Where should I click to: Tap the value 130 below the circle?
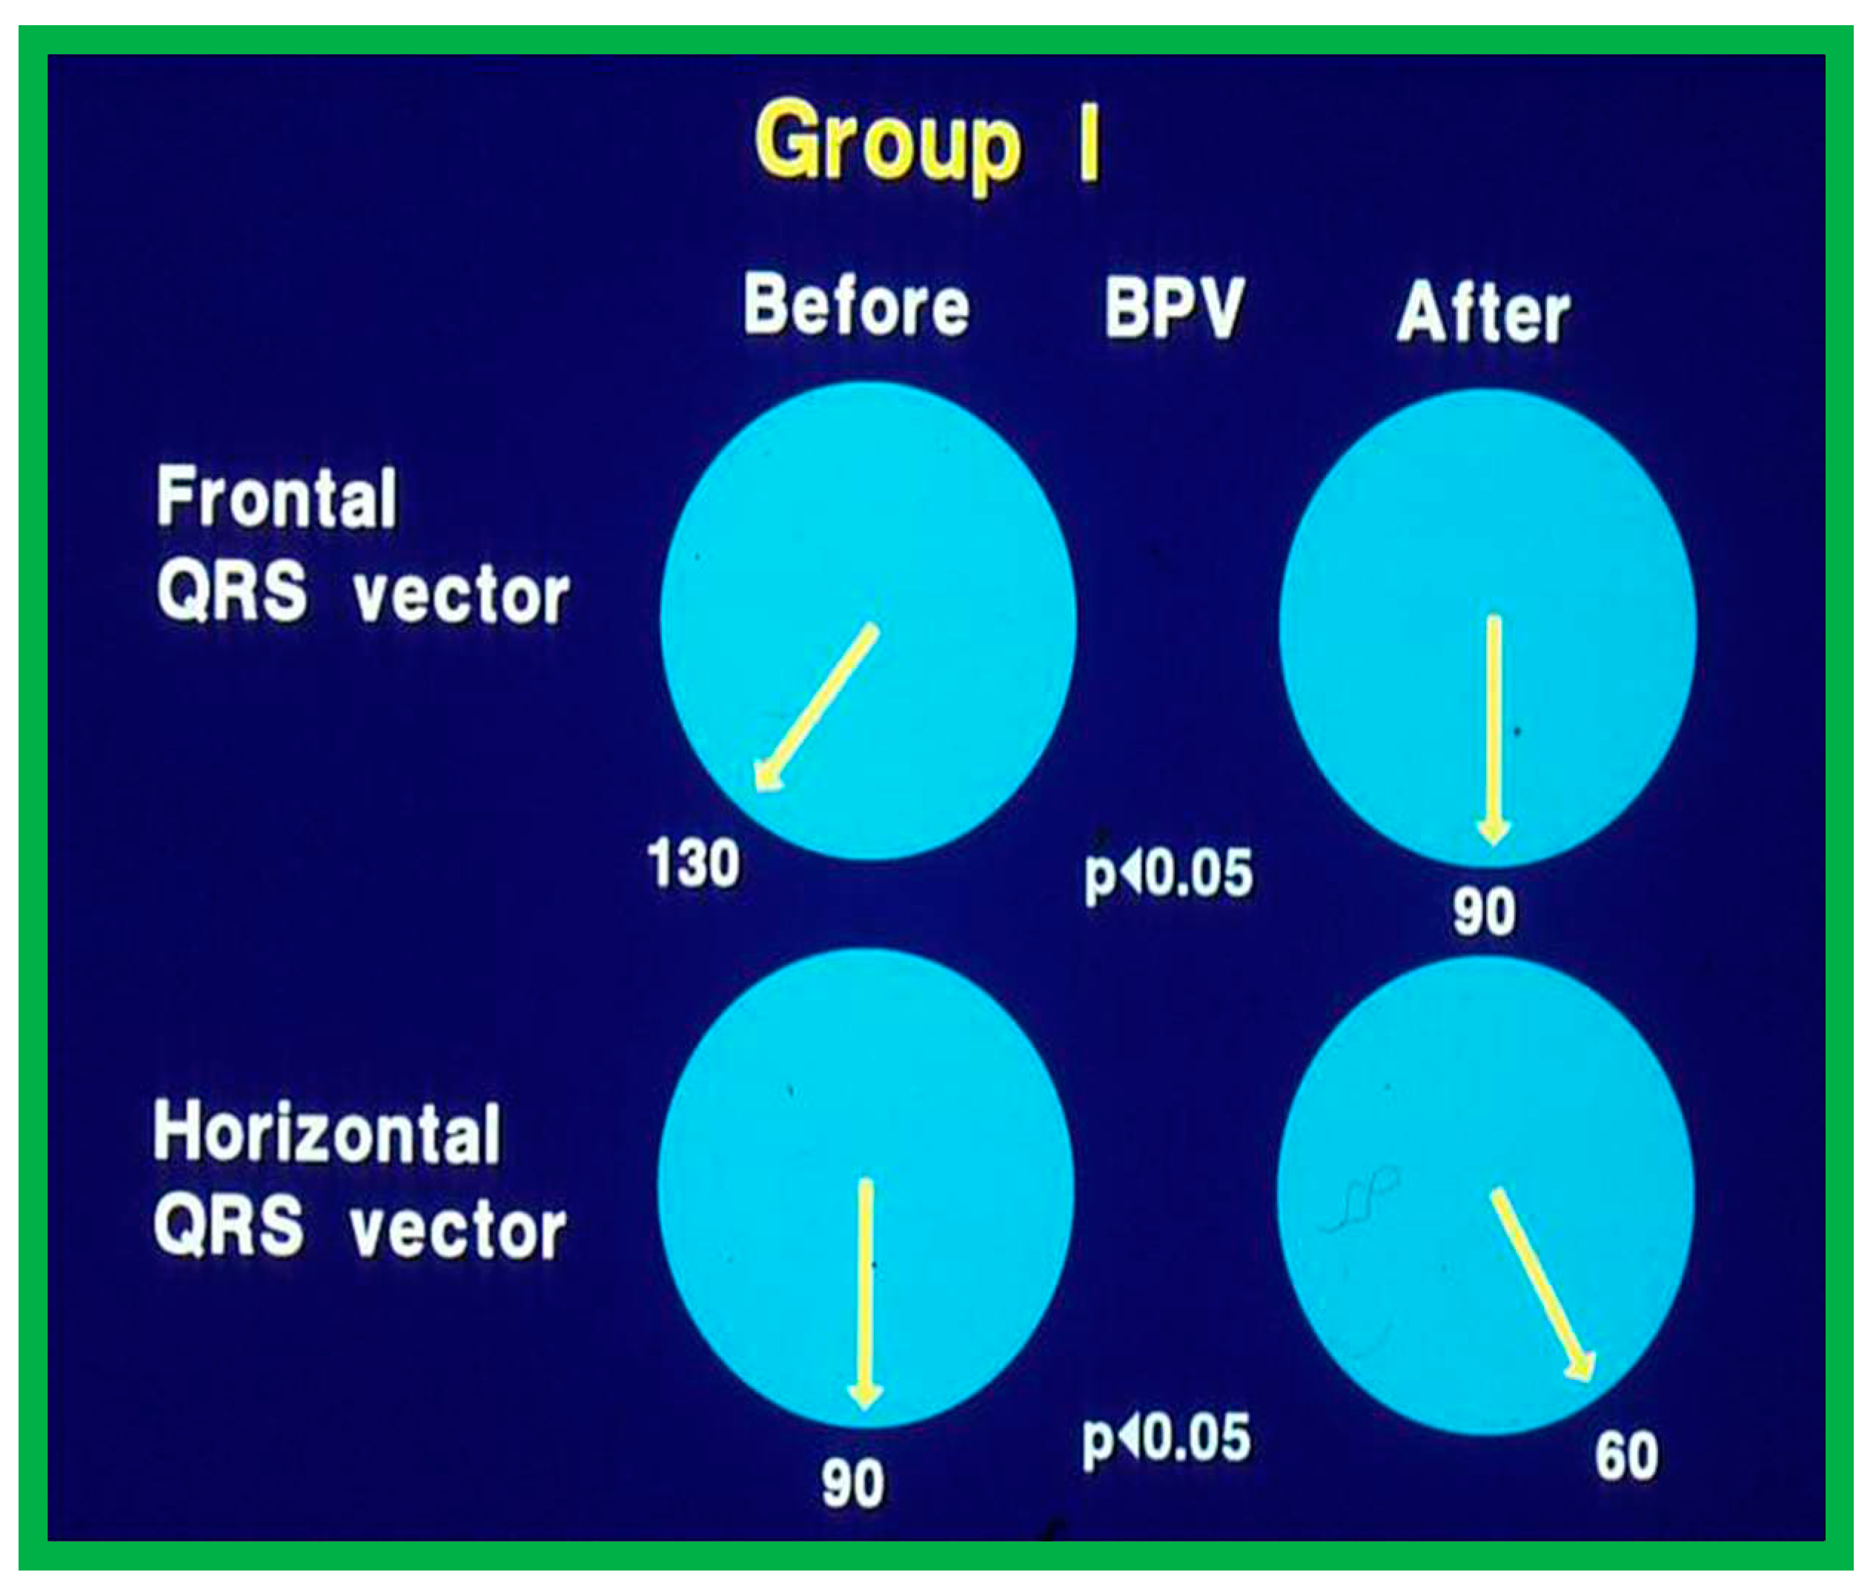point(693,863)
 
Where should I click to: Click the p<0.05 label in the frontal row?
point(1169,875)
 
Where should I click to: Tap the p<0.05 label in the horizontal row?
point(1167,1439)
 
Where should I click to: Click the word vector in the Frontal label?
point(461,597)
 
